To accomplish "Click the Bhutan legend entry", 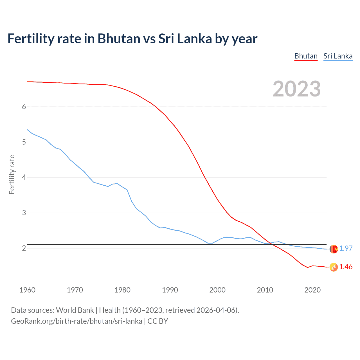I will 306,56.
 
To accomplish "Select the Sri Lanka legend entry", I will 338,56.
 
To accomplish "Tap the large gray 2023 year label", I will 296,89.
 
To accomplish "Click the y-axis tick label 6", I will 24,107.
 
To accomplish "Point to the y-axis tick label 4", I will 24,177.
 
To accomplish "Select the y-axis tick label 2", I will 24,248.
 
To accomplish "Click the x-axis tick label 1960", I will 27,290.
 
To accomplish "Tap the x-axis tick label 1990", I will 170,290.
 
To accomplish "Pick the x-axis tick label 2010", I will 265,290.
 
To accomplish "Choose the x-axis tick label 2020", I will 312,290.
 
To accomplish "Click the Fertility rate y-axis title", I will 12,174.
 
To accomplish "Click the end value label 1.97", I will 346,248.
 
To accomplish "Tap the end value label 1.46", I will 346,267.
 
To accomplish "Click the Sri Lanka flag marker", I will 334,249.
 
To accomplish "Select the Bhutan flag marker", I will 334,267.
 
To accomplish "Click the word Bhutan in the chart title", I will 119,39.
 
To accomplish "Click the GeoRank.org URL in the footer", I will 76,321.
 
